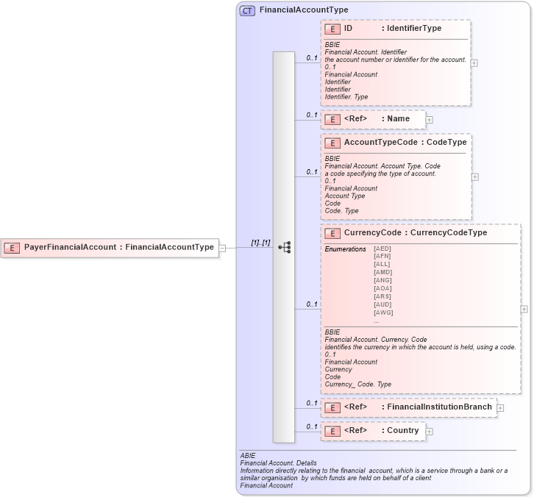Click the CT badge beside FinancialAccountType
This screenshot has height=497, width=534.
click(247, 10)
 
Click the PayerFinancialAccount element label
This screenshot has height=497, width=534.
click(118, 247)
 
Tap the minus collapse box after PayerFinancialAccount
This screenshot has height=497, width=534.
click(222, 248)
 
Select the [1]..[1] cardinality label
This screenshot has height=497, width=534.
click(260, 242)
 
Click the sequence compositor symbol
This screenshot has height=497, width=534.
click(284, 248)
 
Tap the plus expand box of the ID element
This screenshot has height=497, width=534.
click(474, 62)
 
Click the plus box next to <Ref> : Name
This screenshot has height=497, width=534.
click(429, 119)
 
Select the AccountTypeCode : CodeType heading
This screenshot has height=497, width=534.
click(405, 141)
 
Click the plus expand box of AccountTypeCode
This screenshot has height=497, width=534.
click(474, 176)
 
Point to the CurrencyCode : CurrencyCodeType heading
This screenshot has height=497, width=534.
click(415, 232)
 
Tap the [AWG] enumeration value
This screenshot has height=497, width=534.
click(383, 312)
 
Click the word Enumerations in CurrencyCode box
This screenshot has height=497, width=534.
click(345, 249)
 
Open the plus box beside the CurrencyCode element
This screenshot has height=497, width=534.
click(524, 310)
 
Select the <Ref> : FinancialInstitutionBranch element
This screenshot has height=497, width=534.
click(417, 407)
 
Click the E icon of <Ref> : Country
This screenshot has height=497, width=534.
click(332, 431)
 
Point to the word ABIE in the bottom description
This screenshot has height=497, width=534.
click(248, 456)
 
